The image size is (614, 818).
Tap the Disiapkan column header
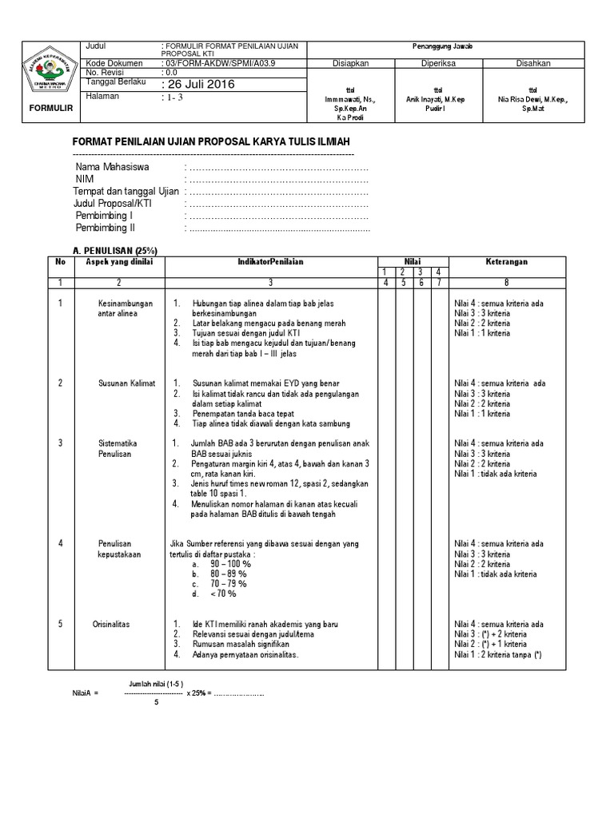click(x=349, y=63)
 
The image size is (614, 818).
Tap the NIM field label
click(x=85, y=180)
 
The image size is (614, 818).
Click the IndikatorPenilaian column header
click(x=270, y=262)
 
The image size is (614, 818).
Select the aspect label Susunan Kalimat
click(x=126, y=383)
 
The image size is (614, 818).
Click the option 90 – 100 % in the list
click(x=230, y=563)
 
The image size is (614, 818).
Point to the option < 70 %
click(x=223, y=594)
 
